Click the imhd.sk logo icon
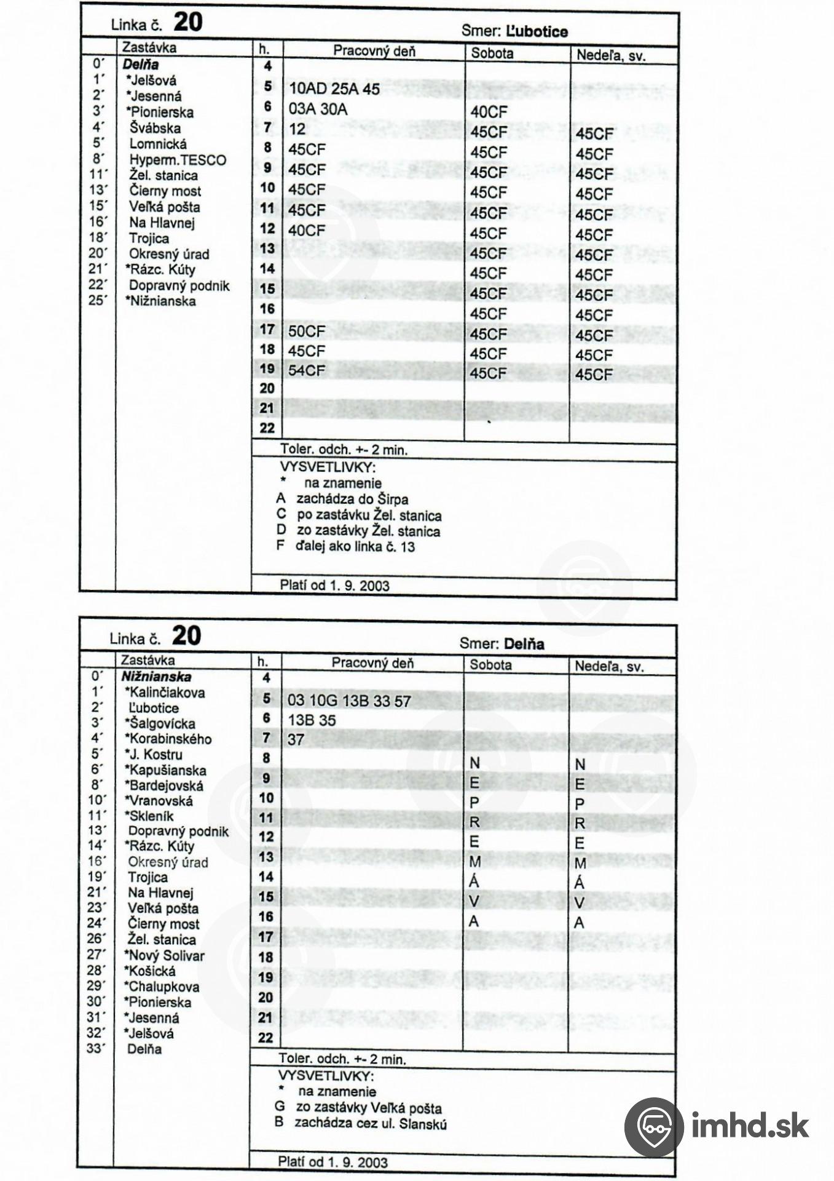[653, 1126]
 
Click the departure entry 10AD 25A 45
[334, 89]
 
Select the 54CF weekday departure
[307, 370]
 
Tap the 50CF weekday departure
[307, 331]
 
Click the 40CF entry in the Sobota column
[489, 112]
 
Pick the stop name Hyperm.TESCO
[177, 160]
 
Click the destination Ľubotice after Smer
[537, 32]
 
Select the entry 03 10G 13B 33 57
[348, 701]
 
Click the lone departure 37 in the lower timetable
[296, 739]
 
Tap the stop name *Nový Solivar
[164, 955]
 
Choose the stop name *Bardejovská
[163, 785]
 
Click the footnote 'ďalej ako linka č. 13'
[355, 546]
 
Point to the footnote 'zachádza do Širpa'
[352, 499]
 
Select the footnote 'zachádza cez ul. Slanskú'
[370, 1124]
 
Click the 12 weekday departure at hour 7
[297, 129]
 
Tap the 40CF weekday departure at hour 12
[307, 231]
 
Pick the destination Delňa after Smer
[524, 644]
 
